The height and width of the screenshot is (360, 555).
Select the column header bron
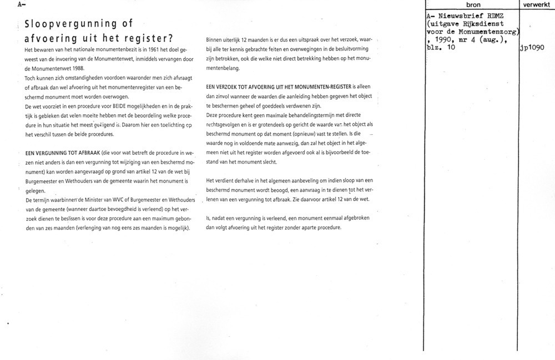pos(473,4)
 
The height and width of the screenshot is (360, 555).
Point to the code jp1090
pos(533,47)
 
